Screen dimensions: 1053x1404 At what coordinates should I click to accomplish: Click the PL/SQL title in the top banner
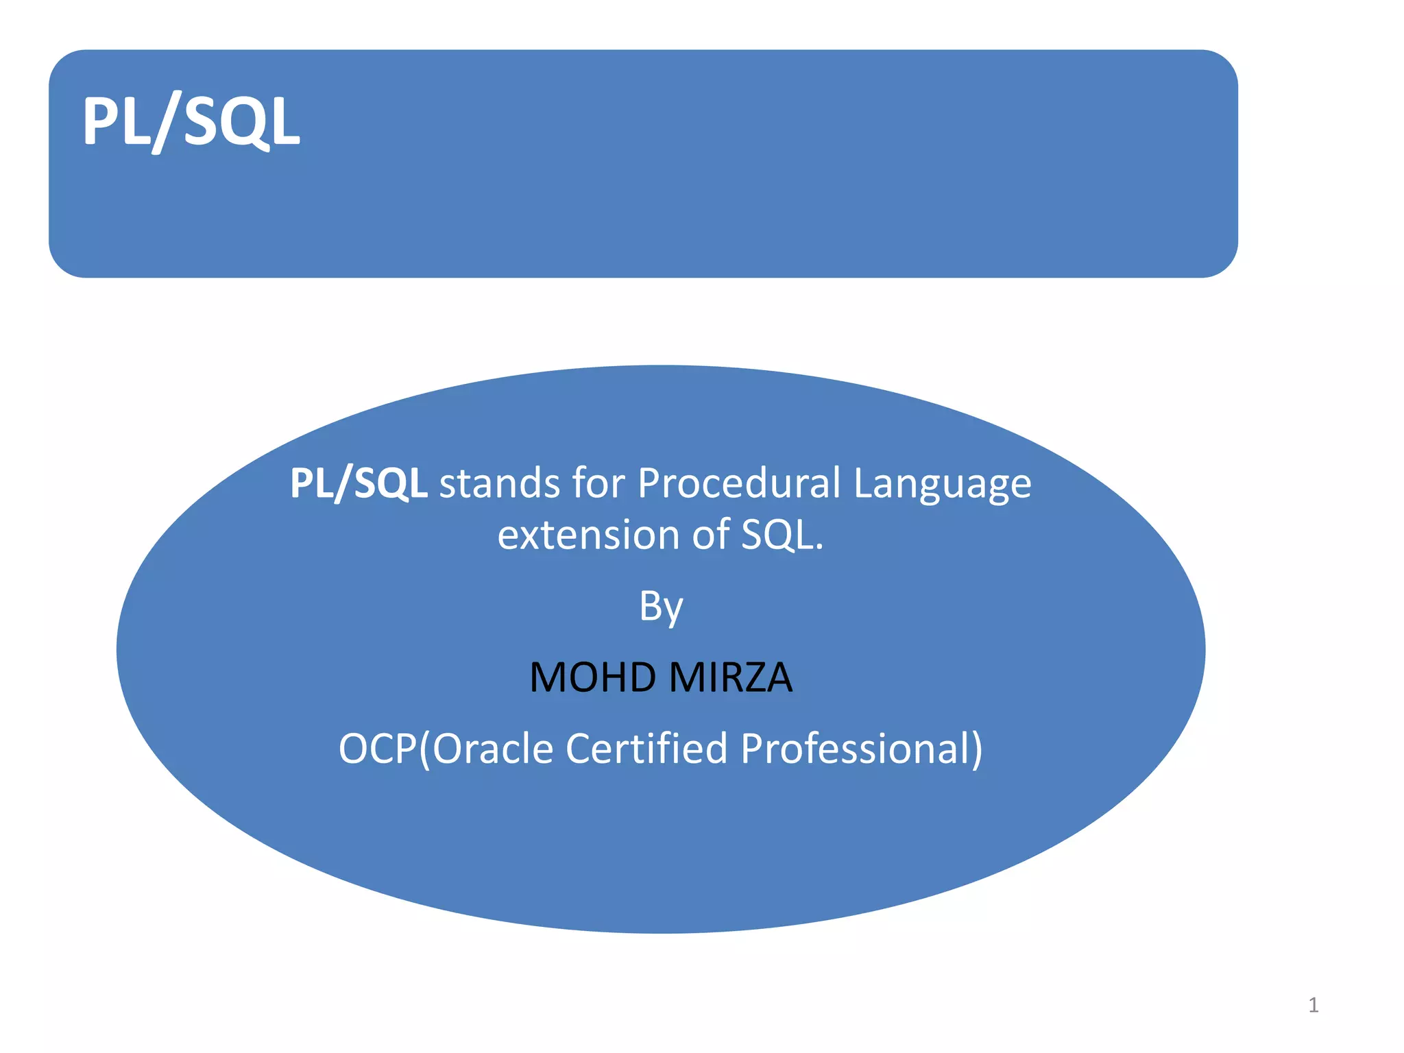pyautogui.click(x=191, y=122)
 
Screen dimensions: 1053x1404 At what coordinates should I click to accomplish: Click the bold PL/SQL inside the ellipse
pyautogui.click(x=359, y=483)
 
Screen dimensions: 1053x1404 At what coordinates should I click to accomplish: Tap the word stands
pyautogui.click(x=499, y=483)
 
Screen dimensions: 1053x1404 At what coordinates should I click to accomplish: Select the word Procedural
pyautogui.click(x=739, y=483)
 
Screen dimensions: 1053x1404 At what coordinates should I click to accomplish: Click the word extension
pyautogui.click(x=588, y=535)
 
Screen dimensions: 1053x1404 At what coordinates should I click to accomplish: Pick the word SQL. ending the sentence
pyautogui.click(x=782, y=535)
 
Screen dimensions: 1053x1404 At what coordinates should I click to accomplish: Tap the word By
pyautogui.click(x=661, y=607)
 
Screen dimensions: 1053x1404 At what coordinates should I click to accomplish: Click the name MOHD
pyautogui.click(x=593, y=677)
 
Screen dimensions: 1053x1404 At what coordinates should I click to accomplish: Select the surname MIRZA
pyautogui.click(x=731, y=677)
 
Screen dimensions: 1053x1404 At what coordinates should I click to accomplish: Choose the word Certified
pyautogui.click(x=646, y=748)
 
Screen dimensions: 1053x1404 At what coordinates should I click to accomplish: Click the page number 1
pyautogui.click(x=1314, y=1005)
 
